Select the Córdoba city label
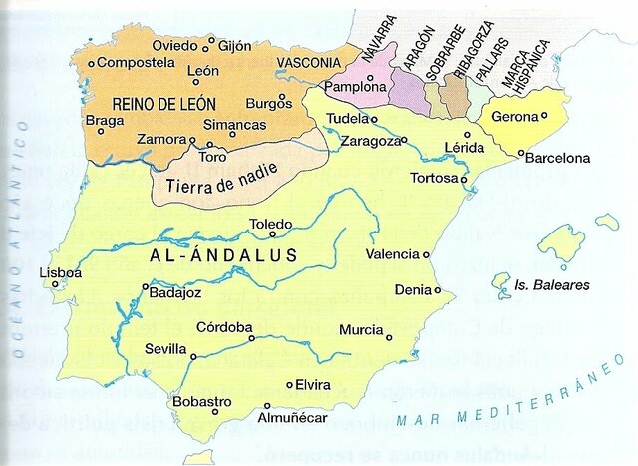pos(223,326)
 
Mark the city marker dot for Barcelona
pos(521,153)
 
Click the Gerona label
pos(515,116)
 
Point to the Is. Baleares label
pos(552,285)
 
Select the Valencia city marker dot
pos(426,254)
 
